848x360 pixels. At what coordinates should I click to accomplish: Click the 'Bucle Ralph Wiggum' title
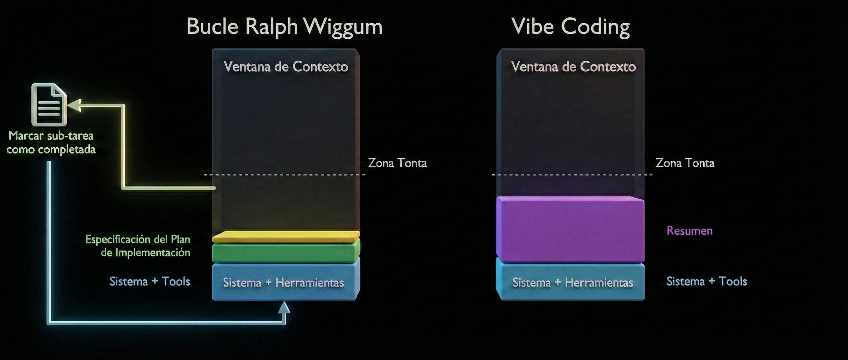[x=285, y=26]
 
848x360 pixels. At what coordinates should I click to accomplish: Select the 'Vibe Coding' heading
[x=570, y=26]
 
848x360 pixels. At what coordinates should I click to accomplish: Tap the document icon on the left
[x=49, y=105]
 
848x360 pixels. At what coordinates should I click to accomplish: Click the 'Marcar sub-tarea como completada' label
[x=51, y=142]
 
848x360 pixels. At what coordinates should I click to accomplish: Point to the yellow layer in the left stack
[x=286, y=236]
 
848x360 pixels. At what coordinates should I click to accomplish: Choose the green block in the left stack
[x=286, y=252]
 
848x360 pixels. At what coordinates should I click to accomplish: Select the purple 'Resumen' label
[x=689, y=231]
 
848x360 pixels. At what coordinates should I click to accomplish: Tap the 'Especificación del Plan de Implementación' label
[x=138, y=246]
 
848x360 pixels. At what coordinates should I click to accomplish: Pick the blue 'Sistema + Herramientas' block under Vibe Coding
[x=572, y=282]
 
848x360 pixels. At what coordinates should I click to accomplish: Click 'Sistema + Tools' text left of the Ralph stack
[x=150, y=281]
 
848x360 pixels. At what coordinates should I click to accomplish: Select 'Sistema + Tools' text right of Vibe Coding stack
[x=707, y=281]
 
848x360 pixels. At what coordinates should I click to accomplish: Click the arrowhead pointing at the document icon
[x=75, y=105]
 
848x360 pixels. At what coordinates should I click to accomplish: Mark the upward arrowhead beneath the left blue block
[x=284, y=307]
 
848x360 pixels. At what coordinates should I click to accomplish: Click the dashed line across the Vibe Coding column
[x=571, y=175]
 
